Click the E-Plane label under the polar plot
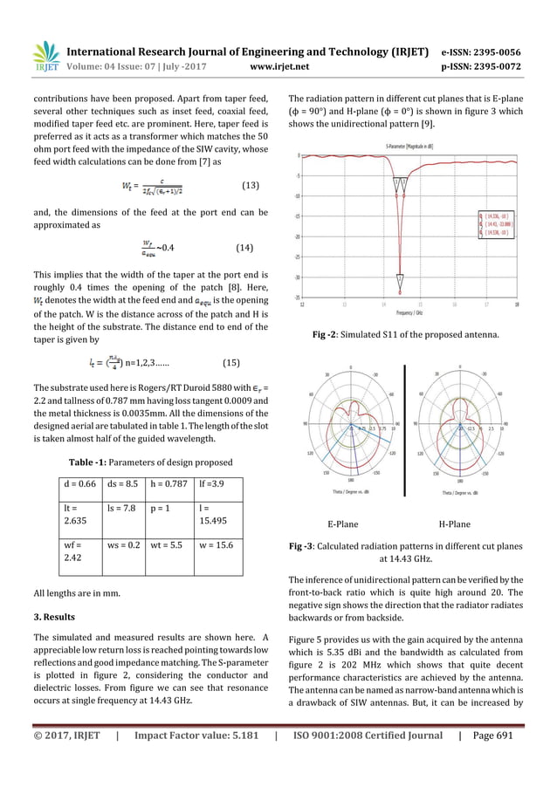[x=341, y=524]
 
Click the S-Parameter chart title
[x=412, y=145]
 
